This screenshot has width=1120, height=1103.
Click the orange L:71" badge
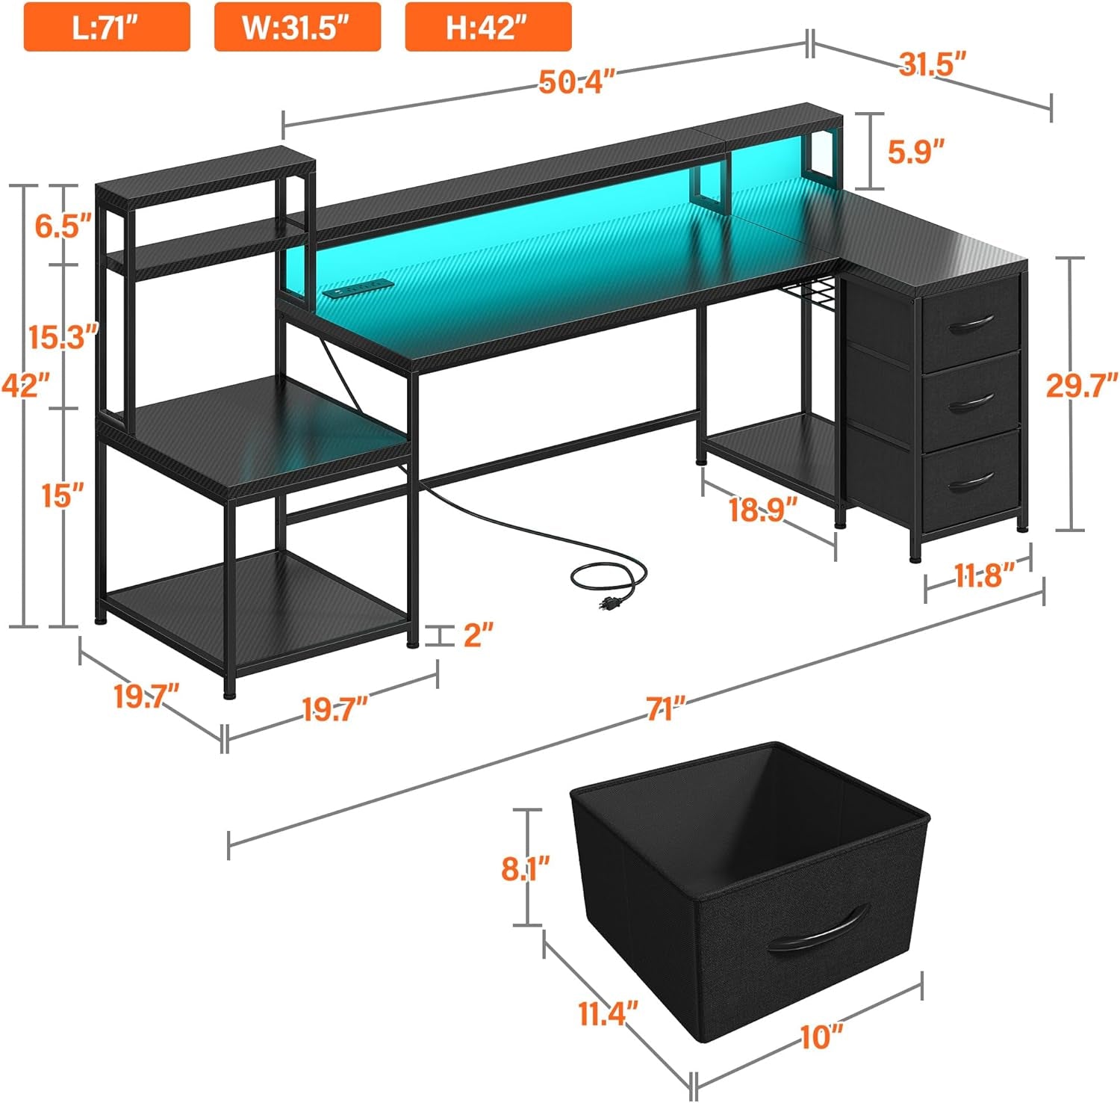(x=107, y=27)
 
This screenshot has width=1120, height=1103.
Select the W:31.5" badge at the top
(x=297, y=27)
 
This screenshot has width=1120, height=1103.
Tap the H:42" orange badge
(x=488, y=27)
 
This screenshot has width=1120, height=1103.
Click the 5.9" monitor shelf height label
(x=917, y=151)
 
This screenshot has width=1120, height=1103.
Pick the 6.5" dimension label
(x=63, y=224)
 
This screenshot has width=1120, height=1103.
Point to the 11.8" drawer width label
(x=984, y=575)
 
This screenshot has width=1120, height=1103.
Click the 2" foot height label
(x=479, y=635)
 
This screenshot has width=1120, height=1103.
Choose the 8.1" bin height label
(x=526, y=868)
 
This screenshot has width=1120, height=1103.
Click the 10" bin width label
(x=821, y=1037)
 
